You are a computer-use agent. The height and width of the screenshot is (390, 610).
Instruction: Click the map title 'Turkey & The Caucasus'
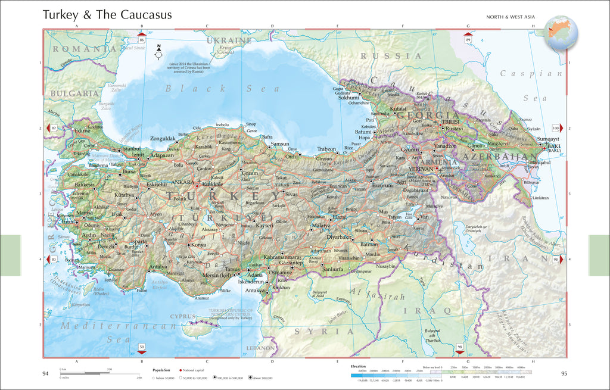point(107,14)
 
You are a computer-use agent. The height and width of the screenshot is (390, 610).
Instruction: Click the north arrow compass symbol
point(159,52)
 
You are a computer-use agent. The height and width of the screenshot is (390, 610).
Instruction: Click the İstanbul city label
point(130,148)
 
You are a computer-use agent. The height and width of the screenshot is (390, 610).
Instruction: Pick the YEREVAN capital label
point(421,169)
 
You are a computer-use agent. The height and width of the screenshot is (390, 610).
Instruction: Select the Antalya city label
point(157,266)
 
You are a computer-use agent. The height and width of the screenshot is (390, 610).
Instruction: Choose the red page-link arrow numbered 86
point(142,39)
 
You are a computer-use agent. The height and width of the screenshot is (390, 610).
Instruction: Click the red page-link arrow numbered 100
point(557,128)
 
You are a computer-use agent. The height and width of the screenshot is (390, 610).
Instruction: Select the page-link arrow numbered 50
point(142,347)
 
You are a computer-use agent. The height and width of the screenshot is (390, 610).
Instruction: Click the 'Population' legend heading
point(161,370)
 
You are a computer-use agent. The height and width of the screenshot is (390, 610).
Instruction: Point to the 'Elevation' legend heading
point(358,366)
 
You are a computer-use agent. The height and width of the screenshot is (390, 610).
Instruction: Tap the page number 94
point(45,374)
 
